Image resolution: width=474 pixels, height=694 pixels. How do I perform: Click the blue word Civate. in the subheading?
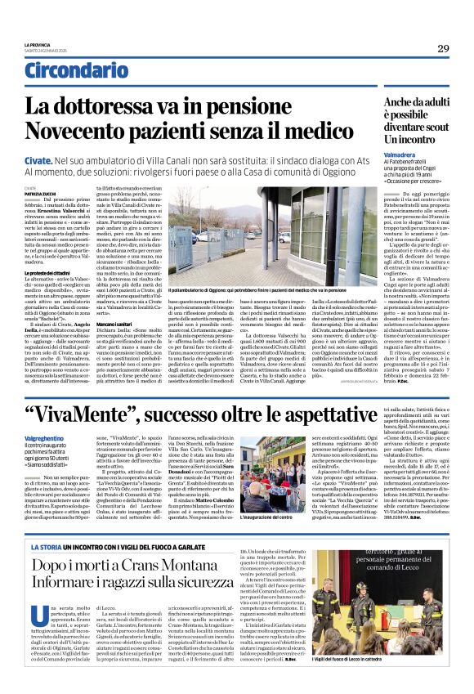click(x=37, y=163)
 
